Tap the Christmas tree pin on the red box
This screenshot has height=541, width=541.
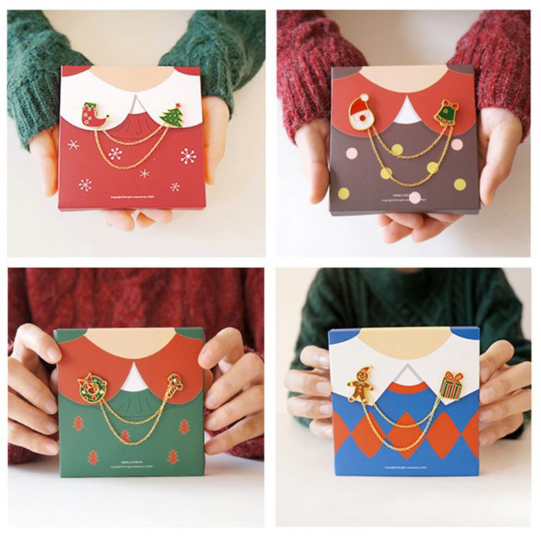coord(172,115)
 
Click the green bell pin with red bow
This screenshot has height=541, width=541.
coord(446,112)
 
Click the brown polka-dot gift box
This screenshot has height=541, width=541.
coord(402,162)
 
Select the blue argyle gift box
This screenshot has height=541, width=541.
coord(404,433)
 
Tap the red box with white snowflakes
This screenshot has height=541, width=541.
coord(132,169)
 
